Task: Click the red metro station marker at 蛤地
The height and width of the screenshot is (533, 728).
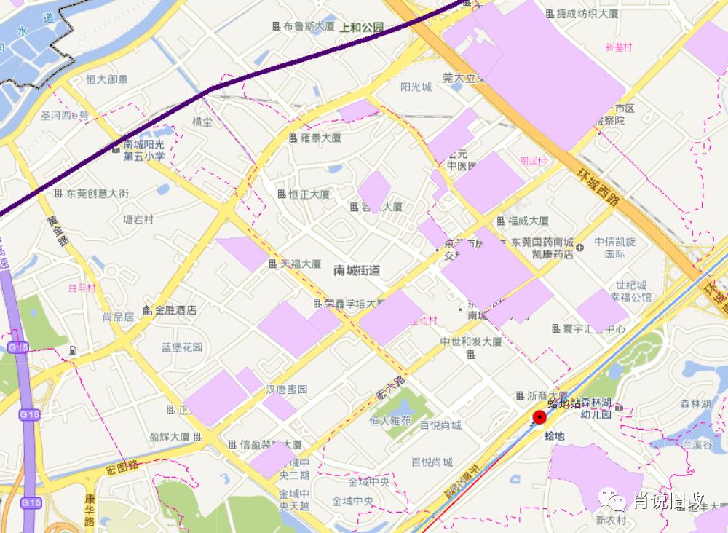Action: click(x=539, y=417)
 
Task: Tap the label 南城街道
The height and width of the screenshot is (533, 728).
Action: click(x=357, y=270)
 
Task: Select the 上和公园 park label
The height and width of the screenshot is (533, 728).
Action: click(x=361, y=28)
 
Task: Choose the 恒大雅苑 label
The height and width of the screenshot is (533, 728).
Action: click(x=389, y=421)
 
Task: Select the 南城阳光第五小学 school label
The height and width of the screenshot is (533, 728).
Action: click(x=143, y=151)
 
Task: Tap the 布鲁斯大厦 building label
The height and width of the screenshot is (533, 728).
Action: click(x=308, y=25)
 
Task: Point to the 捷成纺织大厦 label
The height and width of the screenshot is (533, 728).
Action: click(x=587, y=14)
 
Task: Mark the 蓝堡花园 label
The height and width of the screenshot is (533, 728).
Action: click(x=182, y=347)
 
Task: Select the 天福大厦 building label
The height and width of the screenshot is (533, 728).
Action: click(x=301, y=264)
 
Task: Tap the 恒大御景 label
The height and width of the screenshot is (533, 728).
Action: click(x=107, y=79)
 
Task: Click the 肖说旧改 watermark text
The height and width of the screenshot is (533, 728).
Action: click(x=668, y=501)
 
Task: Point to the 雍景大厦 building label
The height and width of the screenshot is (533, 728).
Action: click(x=320, y=137)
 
